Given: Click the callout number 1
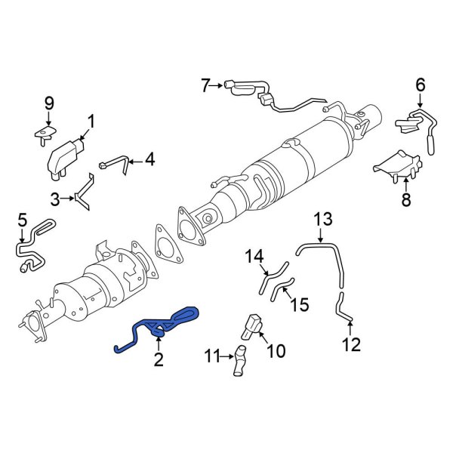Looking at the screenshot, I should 91,121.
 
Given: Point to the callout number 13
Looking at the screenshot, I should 323,220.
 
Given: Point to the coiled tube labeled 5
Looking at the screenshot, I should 32,245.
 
